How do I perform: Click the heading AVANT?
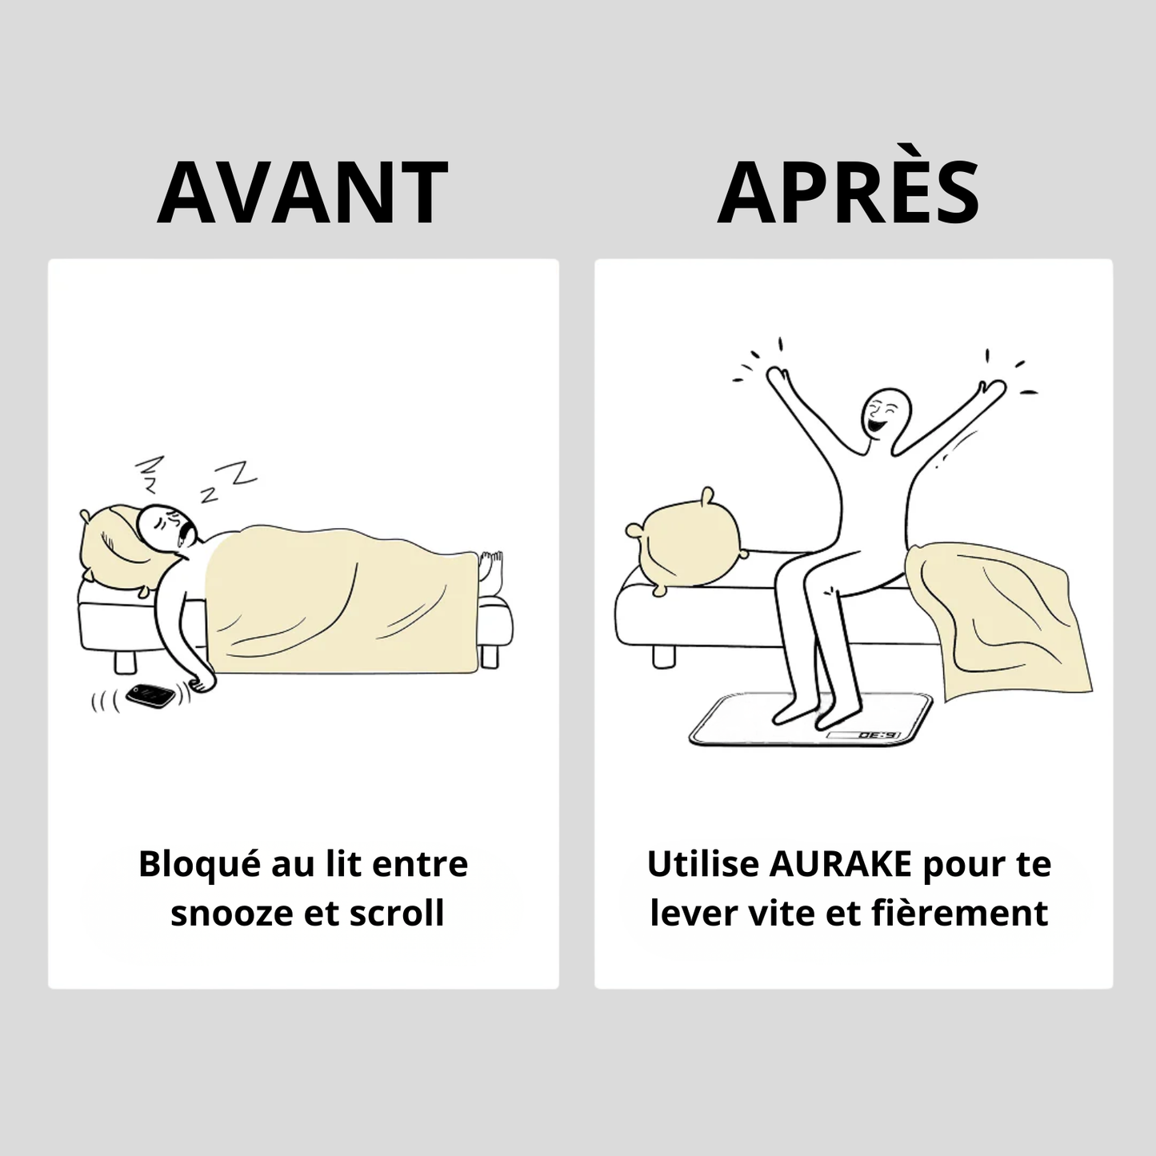(302, 192)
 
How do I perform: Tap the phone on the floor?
(150, 695)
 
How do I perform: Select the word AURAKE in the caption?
(841, 865)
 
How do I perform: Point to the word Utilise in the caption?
(703, 864)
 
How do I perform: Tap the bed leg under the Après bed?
(663, 656)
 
